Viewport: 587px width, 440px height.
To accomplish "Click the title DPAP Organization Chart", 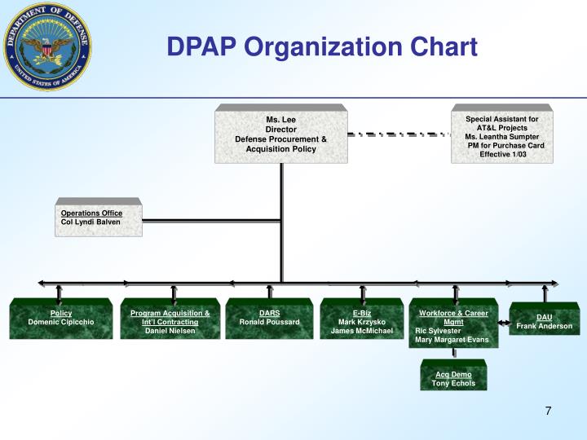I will pos(322,47).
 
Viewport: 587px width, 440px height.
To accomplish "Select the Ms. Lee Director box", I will pos(280,134).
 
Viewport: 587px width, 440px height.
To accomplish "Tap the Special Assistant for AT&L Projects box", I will pos(501,136).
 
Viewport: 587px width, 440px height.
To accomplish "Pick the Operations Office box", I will pos(99,218).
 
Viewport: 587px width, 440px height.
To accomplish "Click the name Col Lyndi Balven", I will pos(90,222).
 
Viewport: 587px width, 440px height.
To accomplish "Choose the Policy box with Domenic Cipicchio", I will pos(61,319).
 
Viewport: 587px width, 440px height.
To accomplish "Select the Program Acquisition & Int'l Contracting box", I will pos(170,319).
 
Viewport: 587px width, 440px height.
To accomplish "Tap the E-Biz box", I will pos(362,319).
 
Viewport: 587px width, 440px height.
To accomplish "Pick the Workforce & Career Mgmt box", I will pos(452,324).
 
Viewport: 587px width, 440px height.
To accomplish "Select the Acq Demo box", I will pos(453,379).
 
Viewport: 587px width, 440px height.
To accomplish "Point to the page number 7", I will pos(549,411).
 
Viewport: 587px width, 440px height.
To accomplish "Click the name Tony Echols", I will pos(453,384).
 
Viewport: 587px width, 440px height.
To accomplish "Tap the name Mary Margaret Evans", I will pos(452,341).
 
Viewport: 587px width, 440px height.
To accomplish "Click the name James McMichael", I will pos(362,332).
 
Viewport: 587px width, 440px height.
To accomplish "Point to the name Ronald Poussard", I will pos(269,323).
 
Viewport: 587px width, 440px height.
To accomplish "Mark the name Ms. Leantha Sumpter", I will pos(502,137).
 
